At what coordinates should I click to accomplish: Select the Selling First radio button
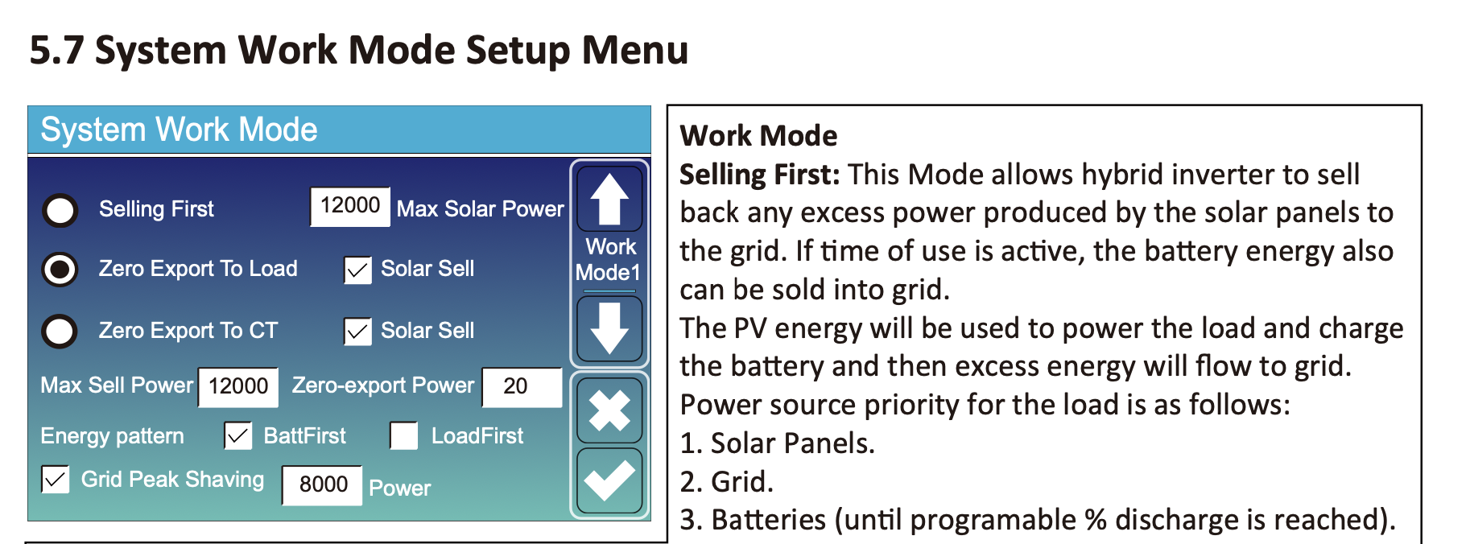click(60, 210)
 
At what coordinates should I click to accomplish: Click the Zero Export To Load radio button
click(60, 270)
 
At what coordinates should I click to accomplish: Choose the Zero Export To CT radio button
click(60, 331)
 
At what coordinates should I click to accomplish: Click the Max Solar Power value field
click(350, 206)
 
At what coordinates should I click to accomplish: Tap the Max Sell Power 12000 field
click(238, 387)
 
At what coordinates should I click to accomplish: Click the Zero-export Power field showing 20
click(522, 387)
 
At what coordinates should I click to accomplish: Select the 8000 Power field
click(322, 484)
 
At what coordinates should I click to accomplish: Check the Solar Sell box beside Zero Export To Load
click(357, 270)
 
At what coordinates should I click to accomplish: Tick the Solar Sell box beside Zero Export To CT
click(357, 332)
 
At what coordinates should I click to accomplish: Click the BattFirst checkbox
click(238, 436)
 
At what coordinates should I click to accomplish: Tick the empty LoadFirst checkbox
click(404, 436)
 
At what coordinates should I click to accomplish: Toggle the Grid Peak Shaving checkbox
click(55, 480)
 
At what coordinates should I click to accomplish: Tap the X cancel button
click(609, 410)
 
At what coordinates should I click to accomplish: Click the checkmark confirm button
click(609, 480)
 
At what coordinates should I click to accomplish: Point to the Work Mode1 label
click(609, 259)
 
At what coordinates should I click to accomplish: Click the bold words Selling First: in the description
click(760, 175)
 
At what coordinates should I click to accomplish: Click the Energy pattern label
click(112, 436)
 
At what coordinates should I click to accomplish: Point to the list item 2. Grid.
click(726, 481)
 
